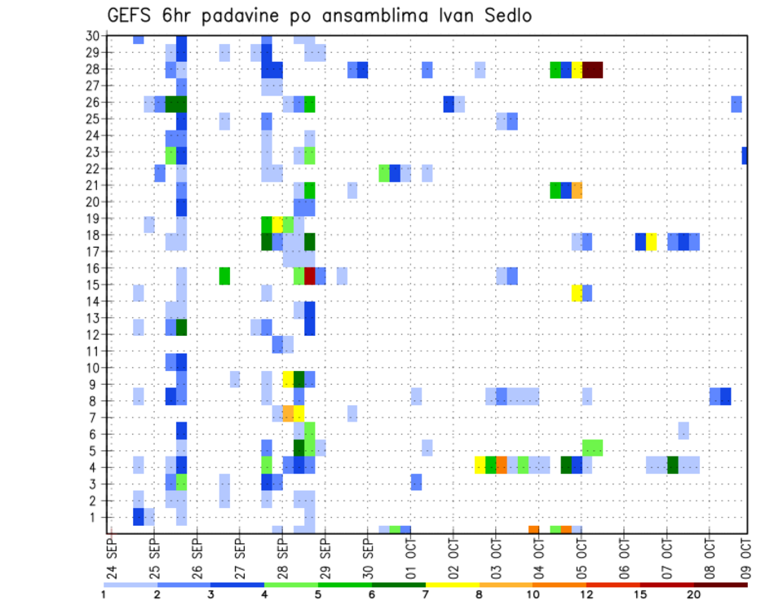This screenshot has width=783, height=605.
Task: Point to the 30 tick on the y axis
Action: click(93, 36)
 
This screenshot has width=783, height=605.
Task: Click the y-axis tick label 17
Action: click(93, 251)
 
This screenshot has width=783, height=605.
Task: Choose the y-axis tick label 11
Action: click(93, 351)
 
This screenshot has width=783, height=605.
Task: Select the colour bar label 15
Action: click(640, 594)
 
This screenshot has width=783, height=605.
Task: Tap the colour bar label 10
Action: click(533, 594)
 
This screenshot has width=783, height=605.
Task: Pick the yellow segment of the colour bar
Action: click(453, 584)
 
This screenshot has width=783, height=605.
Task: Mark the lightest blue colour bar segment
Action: click(130, 584)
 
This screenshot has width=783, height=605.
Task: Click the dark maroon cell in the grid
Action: click(593, 69)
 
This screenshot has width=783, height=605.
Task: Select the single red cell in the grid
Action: click(310, 276)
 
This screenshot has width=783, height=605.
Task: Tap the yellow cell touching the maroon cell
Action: click(577, 69)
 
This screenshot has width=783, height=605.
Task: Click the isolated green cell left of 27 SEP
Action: click(224, 276)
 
